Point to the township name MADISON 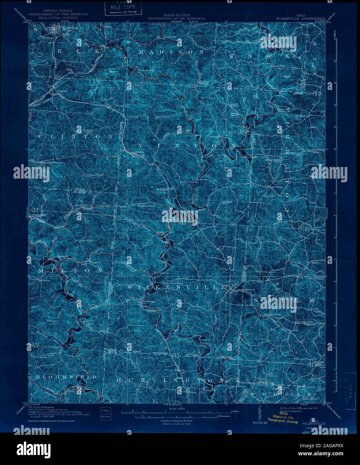(x=171, y=53)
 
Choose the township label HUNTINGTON (x=170, y=381)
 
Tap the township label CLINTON (x=76, y=137)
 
